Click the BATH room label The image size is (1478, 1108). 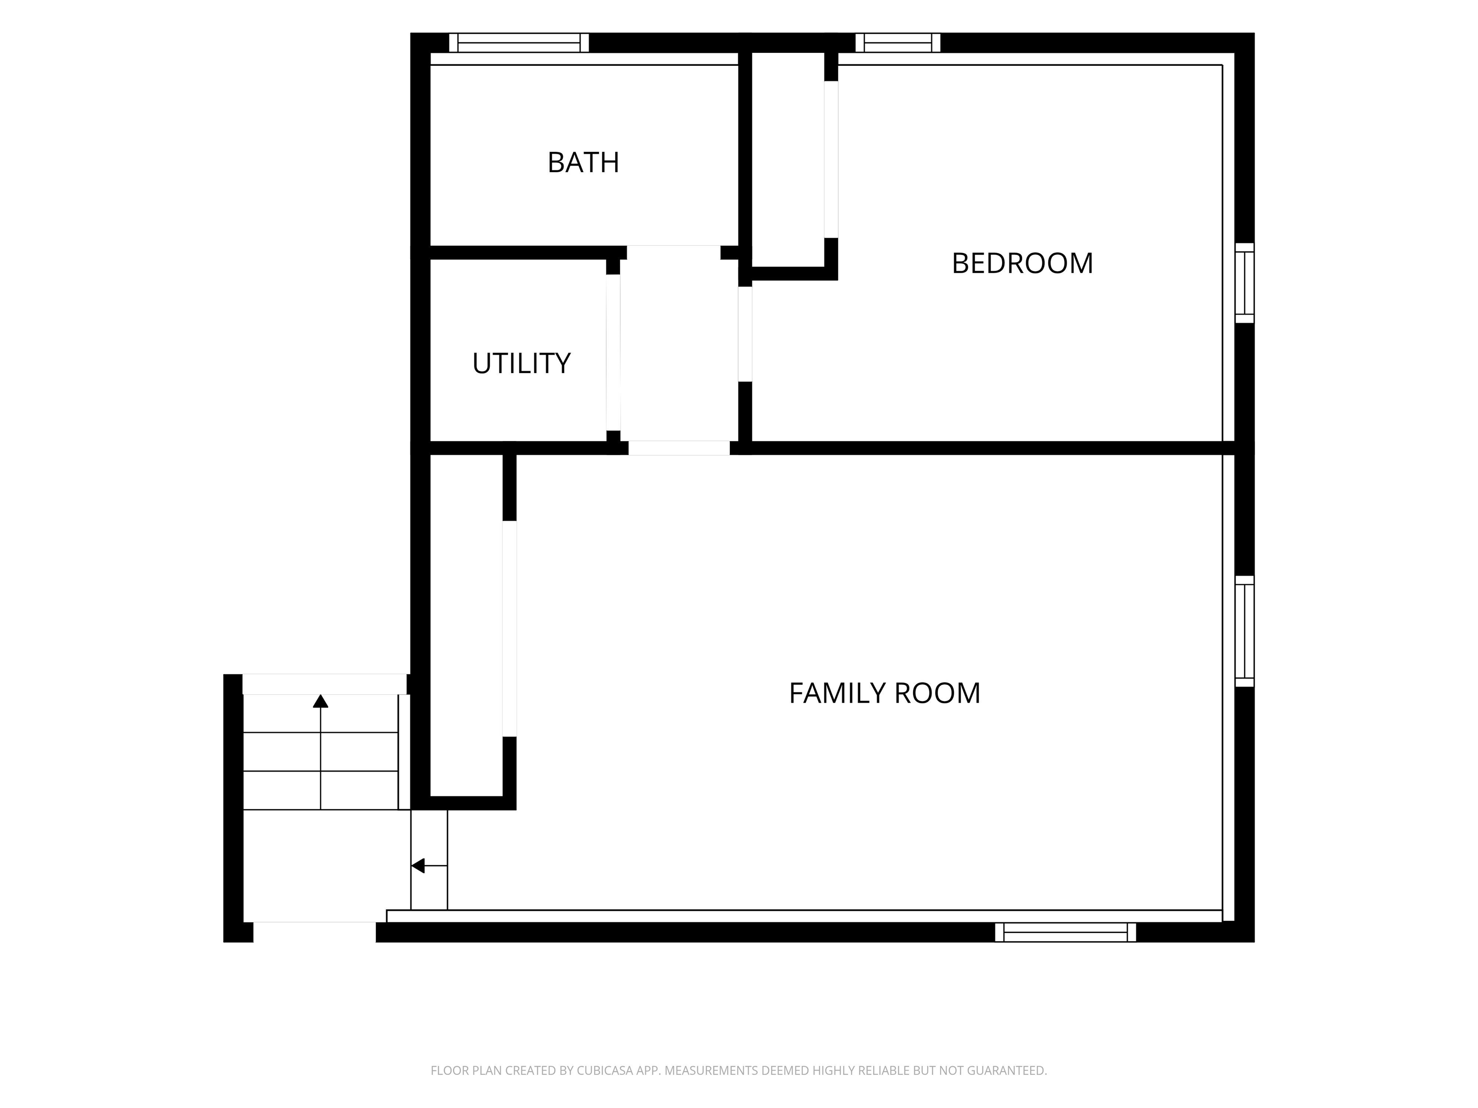coord(583,162)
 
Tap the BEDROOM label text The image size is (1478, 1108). coord(1022,263)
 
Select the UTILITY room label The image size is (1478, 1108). coord(521,364)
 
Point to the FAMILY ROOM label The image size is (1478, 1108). coord(885,693)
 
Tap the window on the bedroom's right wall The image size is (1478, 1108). coord(1244,283)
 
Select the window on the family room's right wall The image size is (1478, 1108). coord(1244,631)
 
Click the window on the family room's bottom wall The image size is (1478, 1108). coord(1065,932)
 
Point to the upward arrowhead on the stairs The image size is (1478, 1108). coord(321,701)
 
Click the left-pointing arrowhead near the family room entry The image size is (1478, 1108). coord(418,866)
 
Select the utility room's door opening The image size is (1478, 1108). coord(613,353)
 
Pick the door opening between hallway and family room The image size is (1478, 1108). coord(679,448)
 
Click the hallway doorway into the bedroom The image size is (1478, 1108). coord(745,334)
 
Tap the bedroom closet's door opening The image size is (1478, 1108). coord(831,160)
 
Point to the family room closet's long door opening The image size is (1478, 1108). coord(509,629)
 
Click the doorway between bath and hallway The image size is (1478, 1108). coord(674,252)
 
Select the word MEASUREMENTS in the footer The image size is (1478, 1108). coord(712,1070)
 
